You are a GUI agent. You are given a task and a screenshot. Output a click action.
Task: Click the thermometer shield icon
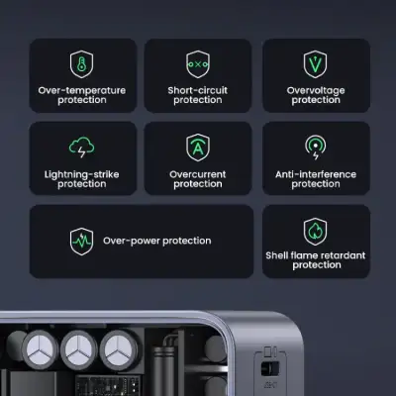(82, 64)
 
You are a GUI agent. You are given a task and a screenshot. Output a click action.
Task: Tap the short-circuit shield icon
(198, 64)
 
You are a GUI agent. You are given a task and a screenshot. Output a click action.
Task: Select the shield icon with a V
(316, 64)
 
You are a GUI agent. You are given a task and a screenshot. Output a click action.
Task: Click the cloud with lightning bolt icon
(82, 148)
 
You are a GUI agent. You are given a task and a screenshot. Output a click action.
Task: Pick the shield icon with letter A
(198, 148)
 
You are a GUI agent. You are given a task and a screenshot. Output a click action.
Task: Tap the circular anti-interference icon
(316, 148)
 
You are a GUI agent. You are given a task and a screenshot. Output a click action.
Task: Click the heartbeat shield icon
(82, 241)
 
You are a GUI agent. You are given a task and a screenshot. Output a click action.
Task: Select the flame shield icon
(316, 231)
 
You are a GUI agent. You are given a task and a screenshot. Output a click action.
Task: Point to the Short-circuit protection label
(198, 95)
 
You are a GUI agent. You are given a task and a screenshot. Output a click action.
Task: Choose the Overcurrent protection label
(198, 179)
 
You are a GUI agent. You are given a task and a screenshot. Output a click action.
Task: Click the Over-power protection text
(157, 241)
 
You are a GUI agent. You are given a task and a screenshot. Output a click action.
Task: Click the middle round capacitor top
(81, 350)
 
